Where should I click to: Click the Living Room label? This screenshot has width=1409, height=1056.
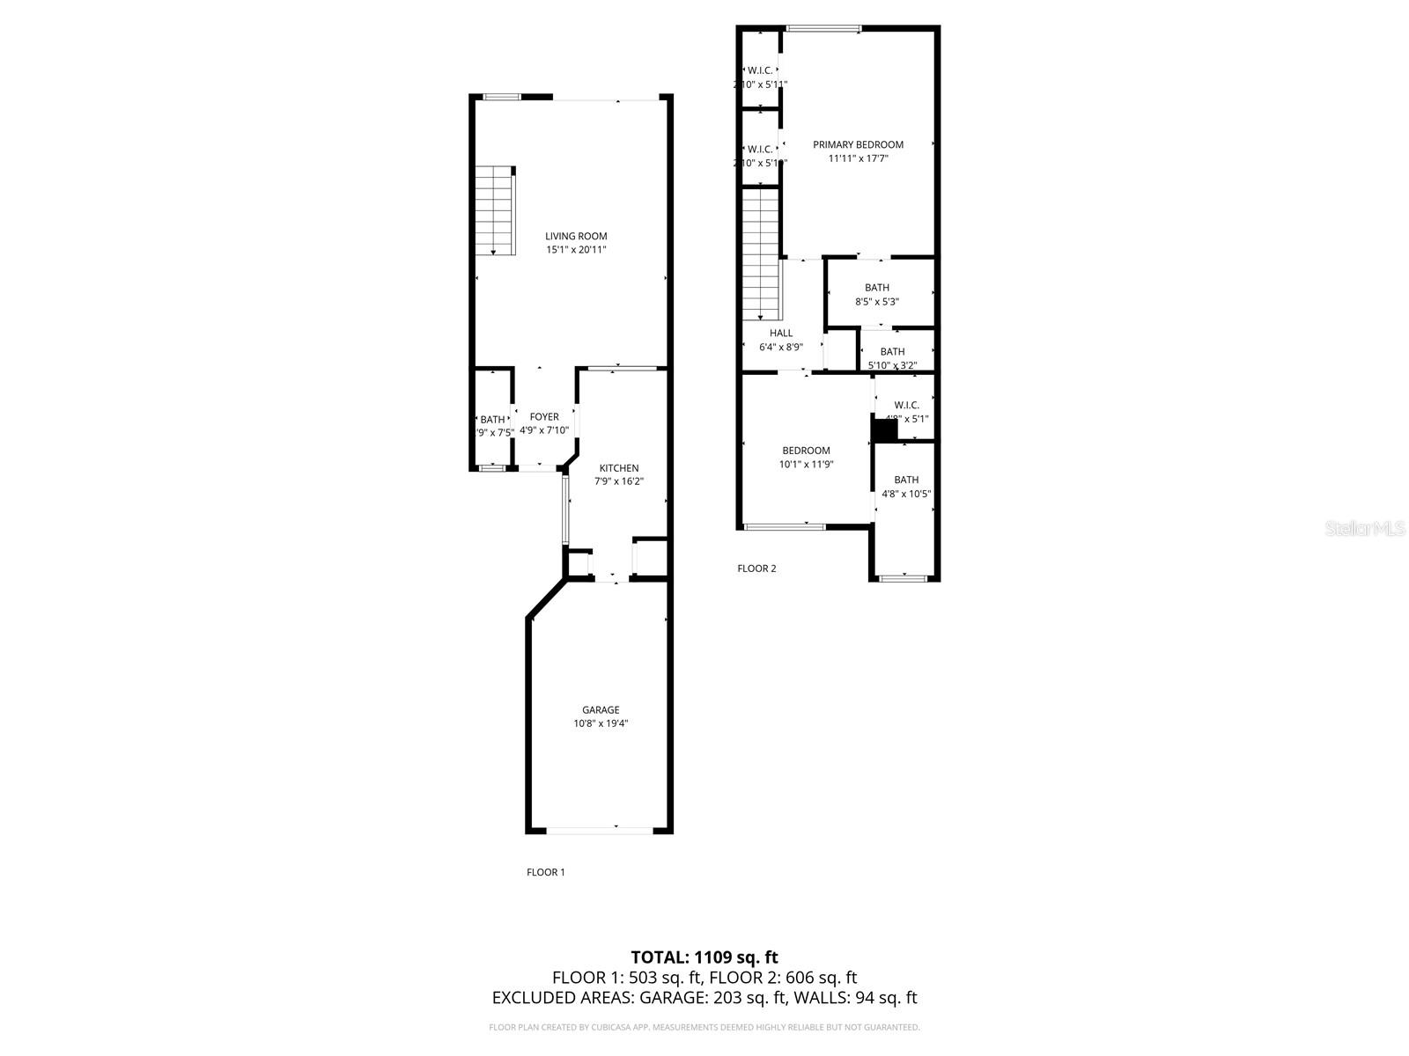point(576,236)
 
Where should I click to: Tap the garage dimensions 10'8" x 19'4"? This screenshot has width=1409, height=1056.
point(601,724)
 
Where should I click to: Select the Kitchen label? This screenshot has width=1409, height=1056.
point(619,468)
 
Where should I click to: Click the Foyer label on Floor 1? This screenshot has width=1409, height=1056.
point(544,417)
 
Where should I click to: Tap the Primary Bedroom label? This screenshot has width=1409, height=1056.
point(858,145)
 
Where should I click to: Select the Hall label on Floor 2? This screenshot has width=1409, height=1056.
point(781,334)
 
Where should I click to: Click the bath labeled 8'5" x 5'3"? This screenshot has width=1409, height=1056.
point(877,294)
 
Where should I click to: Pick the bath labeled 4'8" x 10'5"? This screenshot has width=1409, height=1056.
point(906,487)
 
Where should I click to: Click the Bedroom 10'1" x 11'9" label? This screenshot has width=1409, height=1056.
point(806,451)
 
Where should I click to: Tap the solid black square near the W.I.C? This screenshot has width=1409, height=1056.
point(883,429)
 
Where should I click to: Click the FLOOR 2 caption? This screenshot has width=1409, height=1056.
point(756,568)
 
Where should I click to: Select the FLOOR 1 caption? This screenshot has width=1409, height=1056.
point(545,872)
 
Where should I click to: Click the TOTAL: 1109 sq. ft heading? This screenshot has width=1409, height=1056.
point(704,957)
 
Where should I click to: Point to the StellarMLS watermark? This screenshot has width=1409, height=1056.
point(1366,528)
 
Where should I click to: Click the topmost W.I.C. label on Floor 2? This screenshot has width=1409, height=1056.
point(760,70)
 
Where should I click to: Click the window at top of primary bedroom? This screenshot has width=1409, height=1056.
point(823,29)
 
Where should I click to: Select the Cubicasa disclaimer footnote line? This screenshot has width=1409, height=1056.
point(704,1027)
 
